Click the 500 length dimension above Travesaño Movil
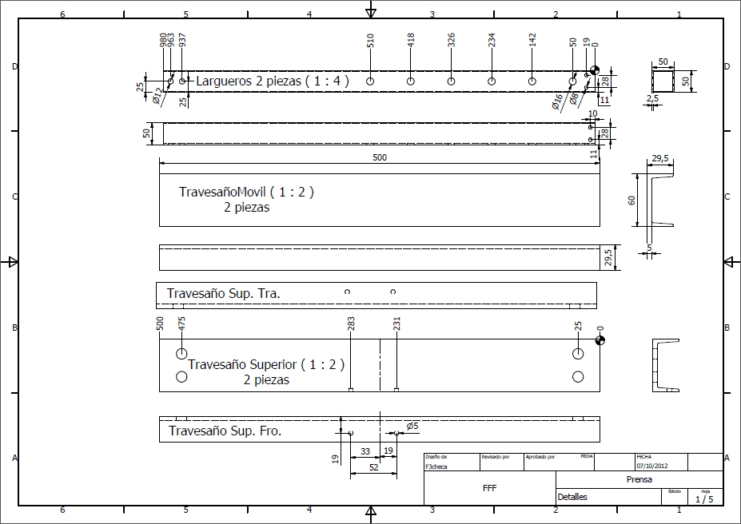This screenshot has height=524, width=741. [x=379, y=158]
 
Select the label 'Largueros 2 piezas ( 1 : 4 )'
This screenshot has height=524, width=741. [x=272, y=81]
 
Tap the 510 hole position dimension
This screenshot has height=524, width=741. [x=371, y=42]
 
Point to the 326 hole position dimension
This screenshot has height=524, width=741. [x=451, y=42]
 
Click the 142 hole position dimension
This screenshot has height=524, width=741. [x=532, y=42]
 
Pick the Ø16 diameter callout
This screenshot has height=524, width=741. [x=557, y=101]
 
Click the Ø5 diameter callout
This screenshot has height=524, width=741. [x=412, y=427]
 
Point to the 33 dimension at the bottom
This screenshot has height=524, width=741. [x=365, y=451]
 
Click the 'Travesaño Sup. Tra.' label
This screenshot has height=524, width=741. [x=223, y=294]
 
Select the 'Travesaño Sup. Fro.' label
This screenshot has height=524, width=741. [x=225, y=431]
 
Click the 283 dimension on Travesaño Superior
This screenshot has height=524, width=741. [x=352, y=323]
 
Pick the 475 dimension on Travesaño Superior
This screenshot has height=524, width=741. [x=181, y=323]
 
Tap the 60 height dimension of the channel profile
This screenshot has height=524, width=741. [x=631, y=200]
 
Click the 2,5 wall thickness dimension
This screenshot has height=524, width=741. [x=653, y=99]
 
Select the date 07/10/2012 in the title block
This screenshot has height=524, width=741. [x=651, y=465]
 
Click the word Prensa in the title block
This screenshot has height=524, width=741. [x=639, y=480]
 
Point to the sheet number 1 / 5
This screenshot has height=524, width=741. [x=704, y=499]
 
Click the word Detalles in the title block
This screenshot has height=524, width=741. [x=572, y=497]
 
